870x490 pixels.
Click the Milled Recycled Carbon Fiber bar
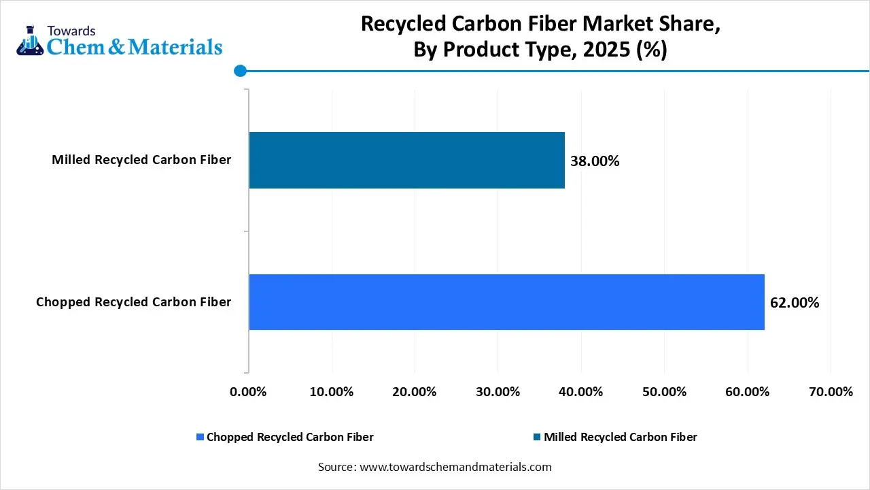(x=406, y=160)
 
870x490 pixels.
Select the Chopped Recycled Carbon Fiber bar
(x=506, y=302)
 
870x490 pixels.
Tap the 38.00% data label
(x=595, y=161)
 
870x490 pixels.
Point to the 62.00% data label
(x=795, y=303)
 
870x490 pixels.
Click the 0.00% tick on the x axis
(x=249, y=392)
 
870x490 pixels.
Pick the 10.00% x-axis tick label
(x=332, y=392)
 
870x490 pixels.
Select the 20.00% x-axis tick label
(x=415, y=392)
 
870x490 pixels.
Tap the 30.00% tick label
(x=498, y=392)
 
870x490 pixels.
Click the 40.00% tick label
(x=581, y=392)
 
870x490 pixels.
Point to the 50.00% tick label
(x=664, y=392)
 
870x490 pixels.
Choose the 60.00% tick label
(x=747, y=392)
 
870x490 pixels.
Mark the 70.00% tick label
(x=830, y=392)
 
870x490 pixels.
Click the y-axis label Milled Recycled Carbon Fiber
(x=141, y=160)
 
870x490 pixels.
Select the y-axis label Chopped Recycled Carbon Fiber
(x=133, y=302)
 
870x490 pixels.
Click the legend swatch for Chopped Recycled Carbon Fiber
(x=200, y=437)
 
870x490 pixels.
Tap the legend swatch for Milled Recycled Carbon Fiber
(x=537, y=437)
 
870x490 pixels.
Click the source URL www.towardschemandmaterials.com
(x=454, y=467)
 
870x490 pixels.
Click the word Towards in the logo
(x=71, y=31)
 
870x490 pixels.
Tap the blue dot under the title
(x=239, y=70)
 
